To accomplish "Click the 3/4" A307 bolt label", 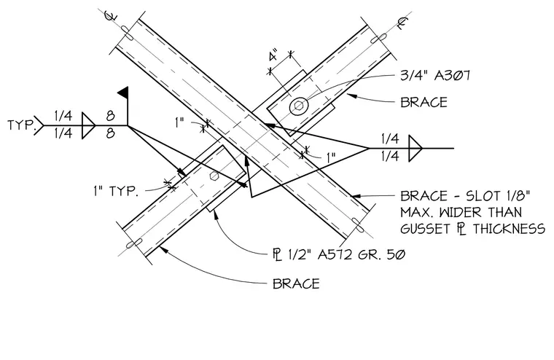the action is tap(435, 76).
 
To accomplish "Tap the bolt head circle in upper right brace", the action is tap(299, 106).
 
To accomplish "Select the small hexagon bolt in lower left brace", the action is tap(214, 176).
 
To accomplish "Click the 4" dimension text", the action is tap(273, 57).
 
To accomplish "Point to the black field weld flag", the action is tap(123, 93).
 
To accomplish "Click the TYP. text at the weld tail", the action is tap(22, 125).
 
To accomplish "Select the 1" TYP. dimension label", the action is tap(115, 191).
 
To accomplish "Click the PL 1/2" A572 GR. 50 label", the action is tap(339, 254).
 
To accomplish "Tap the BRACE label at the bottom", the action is tap(296, 283).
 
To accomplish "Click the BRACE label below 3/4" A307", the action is tap(424, 103).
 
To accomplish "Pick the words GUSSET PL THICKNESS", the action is tap(472, 229).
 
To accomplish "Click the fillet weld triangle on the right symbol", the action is tap(415, 149).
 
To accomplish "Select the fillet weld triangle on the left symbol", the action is tap(89, 125).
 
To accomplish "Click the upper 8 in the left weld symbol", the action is tap(111, 116).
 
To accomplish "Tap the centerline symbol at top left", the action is tap(112, 15).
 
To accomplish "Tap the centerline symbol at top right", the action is tap(402, 23).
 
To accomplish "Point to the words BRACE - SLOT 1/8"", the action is tap(465, 196).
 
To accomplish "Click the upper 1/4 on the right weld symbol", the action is tap(390, 139).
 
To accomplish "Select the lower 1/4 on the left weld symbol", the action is tap(63, 133).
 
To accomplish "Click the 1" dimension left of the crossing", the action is tap(180, 123).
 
